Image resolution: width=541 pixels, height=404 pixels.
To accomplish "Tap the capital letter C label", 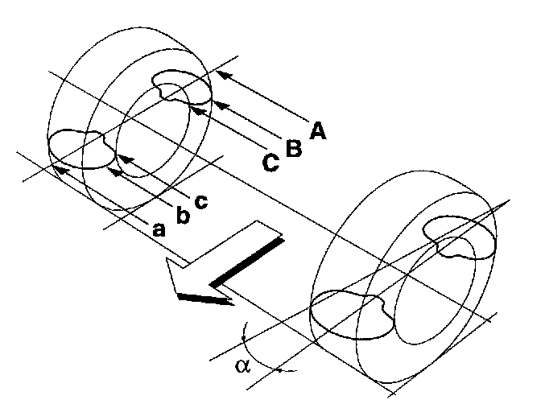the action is click(x=271, y=162).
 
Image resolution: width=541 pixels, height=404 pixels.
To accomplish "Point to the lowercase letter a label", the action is click(x=159, y=229).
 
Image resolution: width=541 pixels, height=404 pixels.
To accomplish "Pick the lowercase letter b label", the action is click(x=183, y=215).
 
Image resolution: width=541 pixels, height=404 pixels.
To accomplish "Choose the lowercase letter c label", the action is click(x=201, y=202).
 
